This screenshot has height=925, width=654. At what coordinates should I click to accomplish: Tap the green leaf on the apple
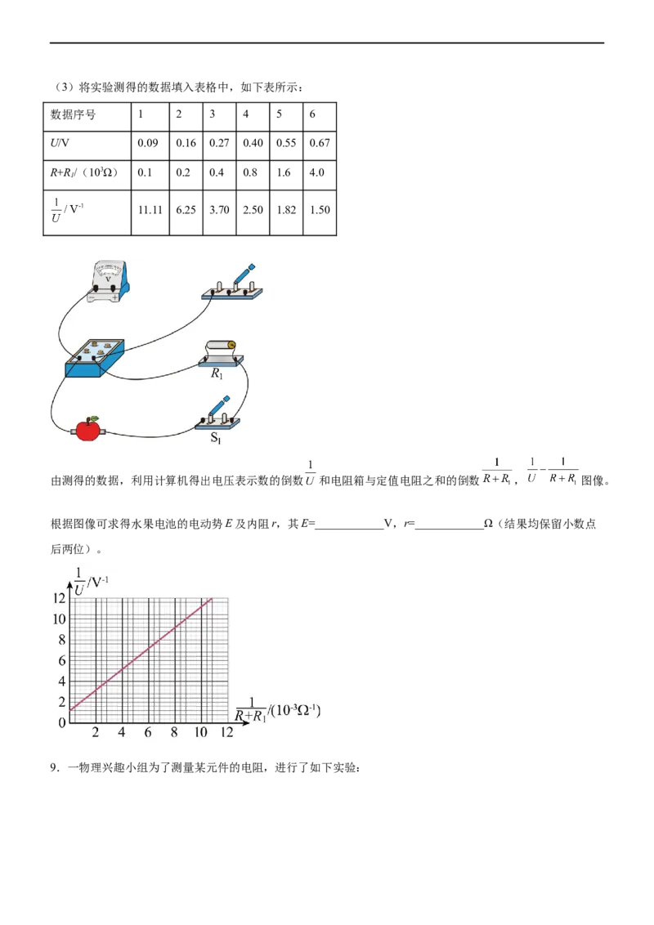click(94, 418)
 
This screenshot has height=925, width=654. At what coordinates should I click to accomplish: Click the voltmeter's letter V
click(107, 277)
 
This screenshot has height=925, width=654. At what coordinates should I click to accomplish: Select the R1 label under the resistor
click(217, 374)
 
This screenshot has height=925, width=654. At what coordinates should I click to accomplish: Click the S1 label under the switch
click(217, 437)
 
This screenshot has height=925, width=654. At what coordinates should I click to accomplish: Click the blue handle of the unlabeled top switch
click(244, 272)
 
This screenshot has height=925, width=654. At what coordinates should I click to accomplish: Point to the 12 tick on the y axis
click(58, 598)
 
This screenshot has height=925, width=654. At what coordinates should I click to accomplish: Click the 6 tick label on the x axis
click(148, 733)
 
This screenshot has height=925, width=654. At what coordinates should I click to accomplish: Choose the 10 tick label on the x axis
click(200, 733)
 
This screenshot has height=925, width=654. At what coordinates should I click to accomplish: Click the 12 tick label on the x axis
click(226, 733)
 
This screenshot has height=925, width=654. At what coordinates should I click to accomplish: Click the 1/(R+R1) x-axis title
click(276, 708)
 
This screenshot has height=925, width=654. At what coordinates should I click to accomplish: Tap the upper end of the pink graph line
click(212, 599)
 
